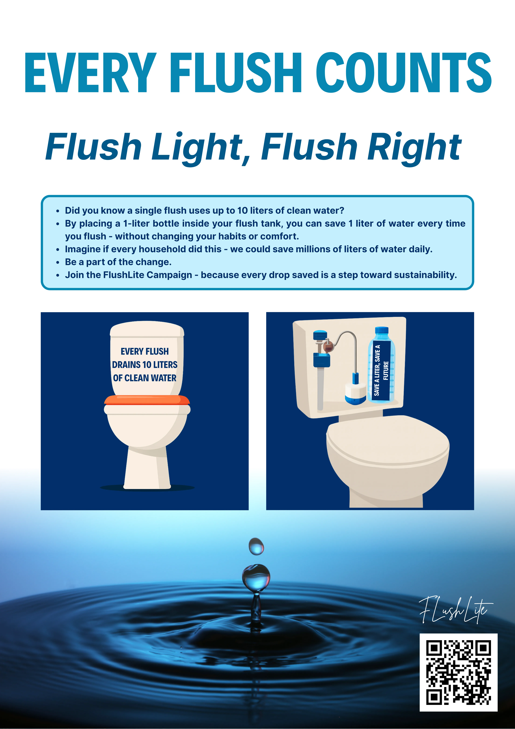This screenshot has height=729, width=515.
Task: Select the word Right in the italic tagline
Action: point(414,148)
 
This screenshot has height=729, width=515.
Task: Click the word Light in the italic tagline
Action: point(197,148)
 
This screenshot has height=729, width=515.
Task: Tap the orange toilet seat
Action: point(147,400)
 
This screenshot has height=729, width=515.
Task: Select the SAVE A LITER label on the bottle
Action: point(381,370)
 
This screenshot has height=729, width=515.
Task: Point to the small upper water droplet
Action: point(256,546)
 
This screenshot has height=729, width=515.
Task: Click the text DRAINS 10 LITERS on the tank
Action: point(145,364)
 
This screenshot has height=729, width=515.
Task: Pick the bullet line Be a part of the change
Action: point(118,262)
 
